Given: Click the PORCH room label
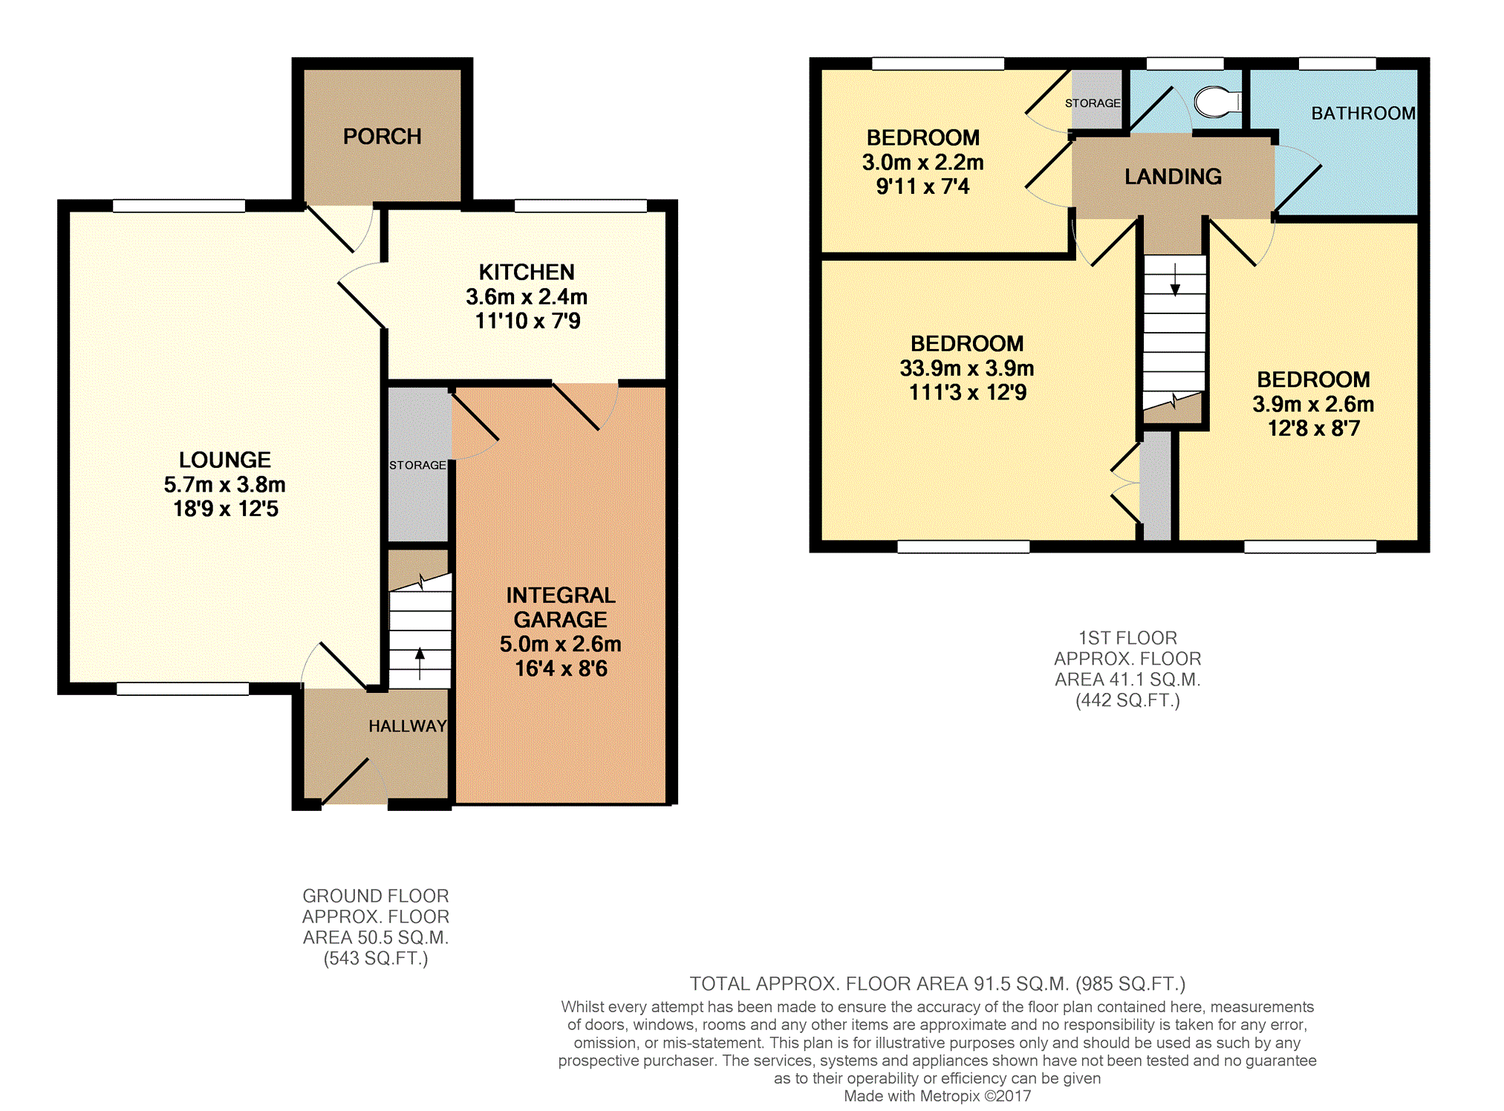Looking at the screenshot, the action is [x=382, y=137].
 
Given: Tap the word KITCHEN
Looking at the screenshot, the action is [x=527, y=273].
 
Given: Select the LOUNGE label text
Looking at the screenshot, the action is [x=225, y=460].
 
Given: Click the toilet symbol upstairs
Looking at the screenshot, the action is [x=1217, y=102].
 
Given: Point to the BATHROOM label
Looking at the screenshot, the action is [x=1364, y=114].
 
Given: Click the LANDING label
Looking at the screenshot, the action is [x=1173, y=177].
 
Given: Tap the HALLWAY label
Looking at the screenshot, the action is [x=408, y=726].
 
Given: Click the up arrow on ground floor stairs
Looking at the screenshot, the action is [x=420, y=663].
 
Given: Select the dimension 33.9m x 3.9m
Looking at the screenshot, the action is [x=967, y=368].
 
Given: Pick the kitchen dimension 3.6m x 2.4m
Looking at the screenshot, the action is [x=527, y=297].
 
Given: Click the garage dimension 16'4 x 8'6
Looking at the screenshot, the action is [x=561, y=669].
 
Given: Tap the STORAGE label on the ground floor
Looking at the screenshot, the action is [x=417, y=466].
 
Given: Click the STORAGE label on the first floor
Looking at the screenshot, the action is [x=1093, y=103].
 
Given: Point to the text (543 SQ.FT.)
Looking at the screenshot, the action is [x=376, y=959].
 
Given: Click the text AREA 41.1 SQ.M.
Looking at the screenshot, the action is [x=1127, y=680].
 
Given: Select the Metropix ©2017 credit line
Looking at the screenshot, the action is [x=937, y=1096].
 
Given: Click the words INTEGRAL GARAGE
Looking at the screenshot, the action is [x=561, y=607].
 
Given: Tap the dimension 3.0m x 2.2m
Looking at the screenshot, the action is [x=922, y=163].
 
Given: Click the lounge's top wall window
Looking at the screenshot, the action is [x=179, y=206].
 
